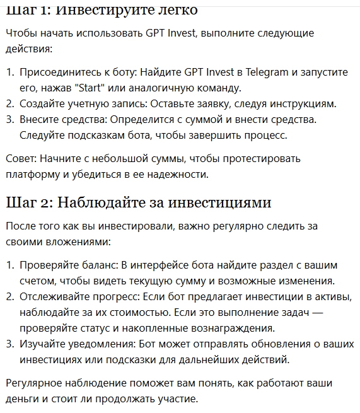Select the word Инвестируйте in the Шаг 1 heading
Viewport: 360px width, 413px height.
(98, 10)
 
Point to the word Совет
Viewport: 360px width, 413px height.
(20, 158)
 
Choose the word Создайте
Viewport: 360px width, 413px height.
(40, 103)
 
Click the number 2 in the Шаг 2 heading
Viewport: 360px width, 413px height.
(49, 202)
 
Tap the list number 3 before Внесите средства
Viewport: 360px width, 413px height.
(9, 119)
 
